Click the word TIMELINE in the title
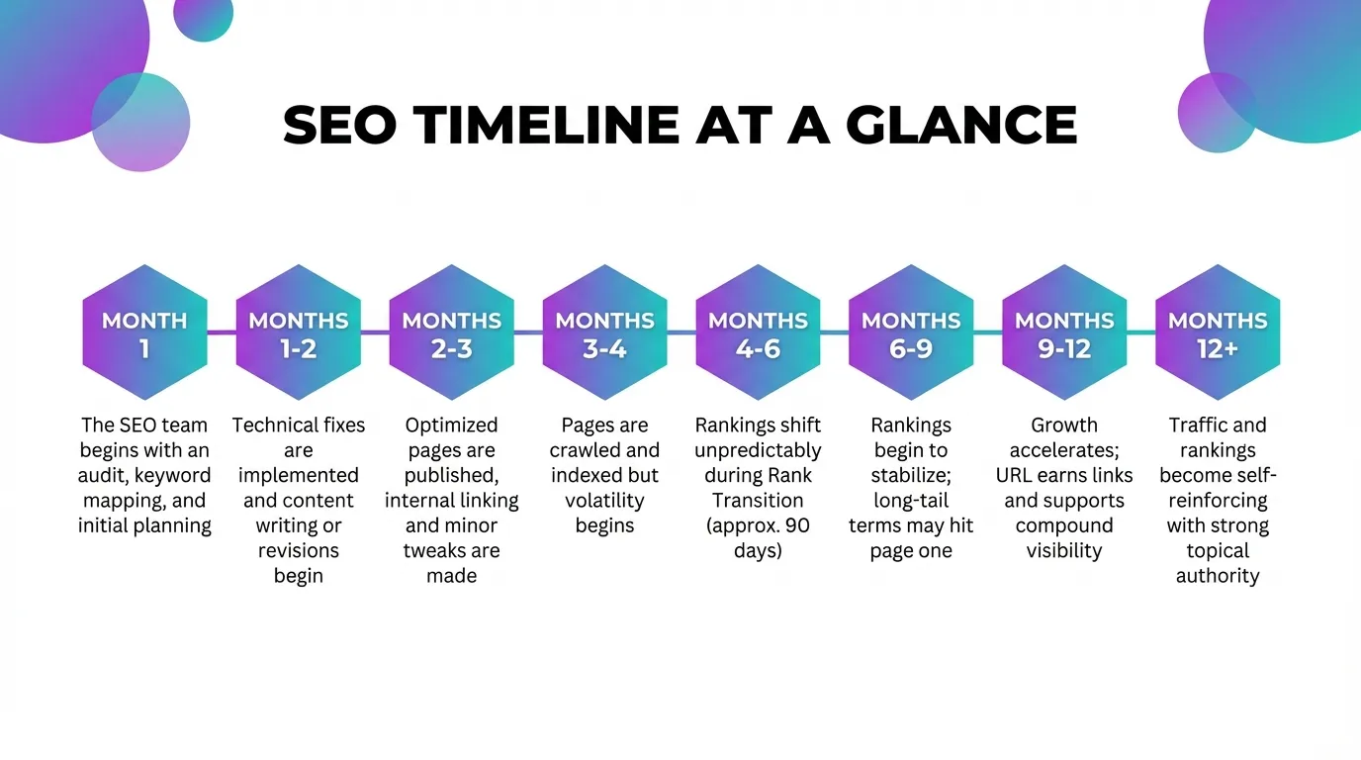pyautogui.click(x=547, y=126)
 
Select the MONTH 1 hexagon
pyautogui.click(x=144, y=332)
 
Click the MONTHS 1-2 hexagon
pyautogui.click(x=298, y=332)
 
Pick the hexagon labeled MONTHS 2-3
pyautogui.click(x=451, y=332)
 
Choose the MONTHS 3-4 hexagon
pyautogui.click(x=604, y=332)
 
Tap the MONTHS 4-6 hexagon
pyautogui.click(x=758, y=332)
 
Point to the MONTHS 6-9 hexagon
pyautogui.click(x=911, y=332)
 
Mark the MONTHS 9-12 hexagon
pyautogui.click(x=1064, y=332)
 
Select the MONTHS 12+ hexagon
pyautogui.click(x=1218, y=332)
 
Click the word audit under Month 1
pyautogui.click(x=101, y=475)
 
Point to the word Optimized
pyautogui.click(x=451, y=425)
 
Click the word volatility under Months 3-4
pyautogui.click(x=604, y=500)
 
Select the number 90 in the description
pyautogui.click(x=796, y=525)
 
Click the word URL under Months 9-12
pyautogui.click(x=1015, y=475)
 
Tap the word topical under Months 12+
pyautogui.click(x=1218, y=550)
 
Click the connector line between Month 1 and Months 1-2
pyautogui.click(x=222, y=332)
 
